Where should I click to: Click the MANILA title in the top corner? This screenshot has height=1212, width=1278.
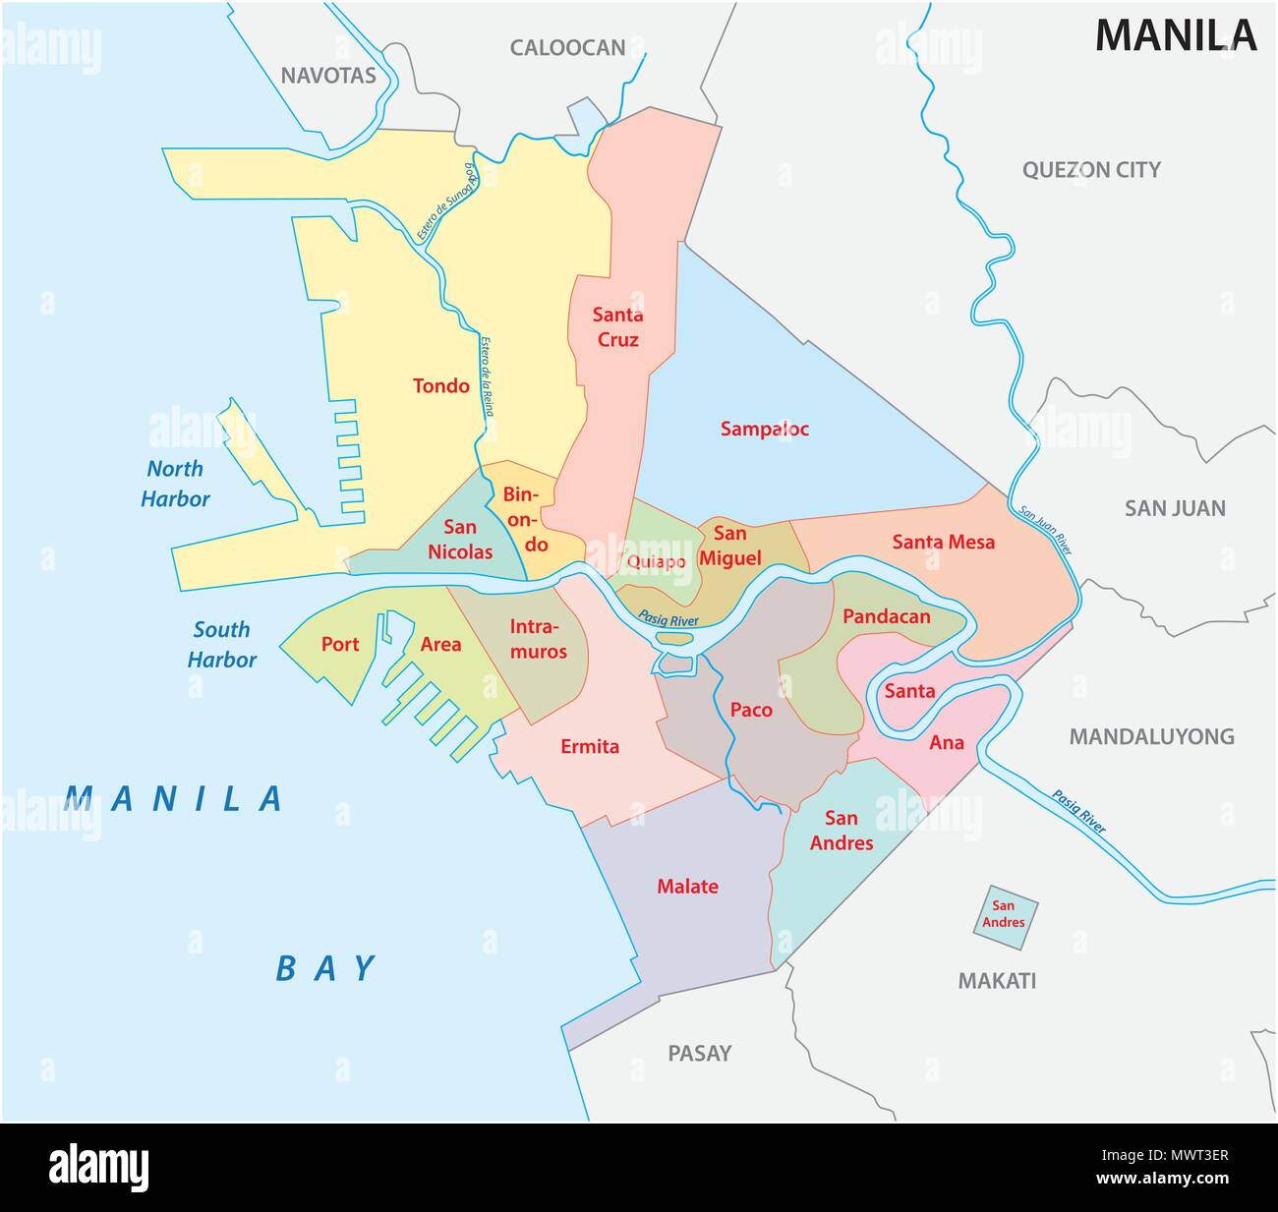coord(1176,34)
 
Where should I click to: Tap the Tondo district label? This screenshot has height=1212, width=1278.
coord(440,385)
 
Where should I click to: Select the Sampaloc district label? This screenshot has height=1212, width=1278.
coord(764,429)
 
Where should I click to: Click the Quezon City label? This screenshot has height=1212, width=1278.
coord(1091,169)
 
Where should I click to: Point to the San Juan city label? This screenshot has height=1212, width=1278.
coord(1175,508)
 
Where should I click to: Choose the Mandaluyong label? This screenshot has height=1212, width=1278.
coord(1151,736)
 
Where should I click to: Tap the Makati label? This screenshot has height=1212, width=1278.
coord(997,980)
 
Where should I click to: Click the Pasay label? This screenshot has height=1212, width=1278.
coord(699,1053)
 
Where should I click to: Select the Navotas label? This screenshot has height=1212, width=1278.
coord(328,76)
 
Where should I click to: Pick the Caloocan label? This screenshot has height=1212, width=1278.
coord(567,47)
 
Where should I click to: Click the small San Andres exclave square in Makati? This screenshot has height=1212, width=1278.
coord(1006,915)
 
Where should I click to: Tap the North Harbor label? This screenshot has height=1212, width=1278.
coord(175,484)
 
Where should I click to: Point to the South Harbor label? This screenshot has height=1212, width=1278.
coord(221,644)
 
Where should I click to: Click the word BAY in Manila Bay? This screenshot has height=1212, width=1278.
coord(326,968)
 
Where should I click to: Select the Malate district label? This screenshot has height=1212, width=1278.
coord(687,887)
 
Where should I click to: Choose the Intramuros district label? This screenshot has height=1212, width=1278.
coord(537,638)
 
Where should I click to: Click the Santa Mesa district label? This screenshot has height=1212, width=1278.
coord(943,542)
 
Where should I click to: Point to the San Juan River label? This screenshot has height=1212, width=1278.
coord(1045,532)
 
